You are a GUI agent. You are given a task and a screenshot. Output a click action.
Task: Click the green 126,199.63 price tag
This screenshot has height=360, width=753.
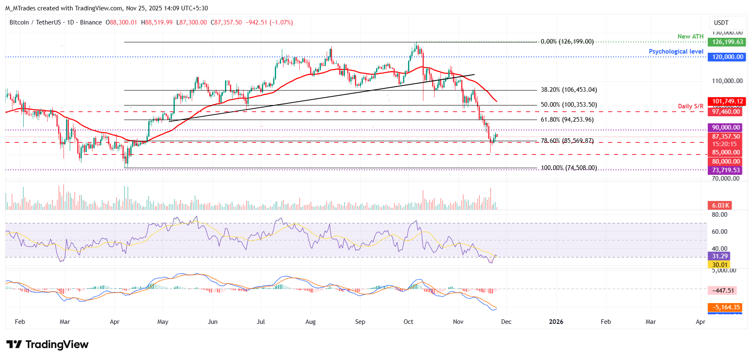pos(727,42)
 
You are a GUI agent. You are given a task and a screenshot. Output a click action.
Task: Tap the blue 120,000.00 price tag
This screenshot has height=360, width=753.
pos(727,57)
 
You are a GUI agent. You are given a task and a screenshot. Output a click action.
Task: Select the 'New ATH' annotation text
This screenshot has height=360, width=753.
pos(690,37)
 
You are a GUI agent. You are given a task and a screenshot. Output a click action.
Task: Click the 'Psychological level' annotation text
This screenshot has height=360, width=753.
pos(676,51)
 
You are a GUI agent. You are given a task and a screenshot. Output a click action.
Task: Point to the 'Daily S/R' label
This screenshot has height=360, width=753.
pos(690,106)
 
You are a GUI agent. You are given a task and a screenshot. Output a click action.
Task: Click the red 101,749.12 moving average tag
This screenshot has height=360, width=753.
pos(727,101)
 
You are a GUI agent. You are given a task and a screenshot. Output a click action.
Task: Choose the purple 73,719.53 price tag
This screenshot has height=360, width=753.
pos(726,170)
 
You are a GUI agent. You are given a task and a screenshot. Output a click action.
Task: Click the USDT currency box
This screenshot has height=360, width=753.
pos(721,23)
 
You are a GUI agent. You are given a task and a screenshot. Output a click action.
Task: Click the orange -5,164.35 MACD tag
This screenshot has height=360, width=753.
pos(725,307)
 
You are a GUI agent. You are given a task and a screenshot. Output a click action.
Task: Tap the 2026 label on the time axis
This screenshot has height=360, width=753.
pos(556,322)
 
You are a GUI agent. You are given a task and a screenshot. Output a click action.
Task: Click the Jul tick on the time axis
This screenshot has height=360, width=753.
pos(261,322)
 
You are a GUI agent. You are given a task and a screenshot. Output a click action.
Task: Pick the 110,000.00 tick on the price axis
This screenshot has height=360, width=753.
pos(727,81)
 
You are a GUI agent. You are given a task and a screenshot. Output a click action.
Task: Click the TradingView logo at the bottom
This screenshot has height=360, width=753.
pos(47,345)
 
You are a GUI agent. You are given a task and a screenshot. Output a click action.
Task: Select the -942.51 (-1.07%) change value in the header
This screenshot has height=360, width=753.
pos(269,22)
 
